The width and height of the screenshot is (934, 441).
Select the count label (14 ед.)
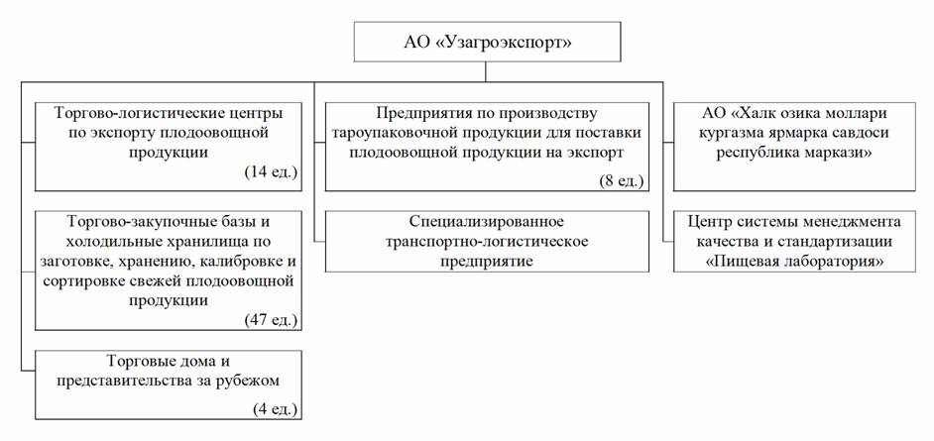(x=271, y=172)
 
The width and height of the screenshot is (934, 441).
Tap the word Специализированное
(x=487, y=222)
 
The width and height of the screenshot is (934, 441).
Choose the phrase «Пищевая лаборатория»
(x=794, y=262)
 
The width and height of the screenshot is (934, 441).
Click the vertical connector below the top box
(x=486, y=71)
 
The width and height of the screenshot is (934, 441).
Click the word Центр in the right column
(x=708, y=222)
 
